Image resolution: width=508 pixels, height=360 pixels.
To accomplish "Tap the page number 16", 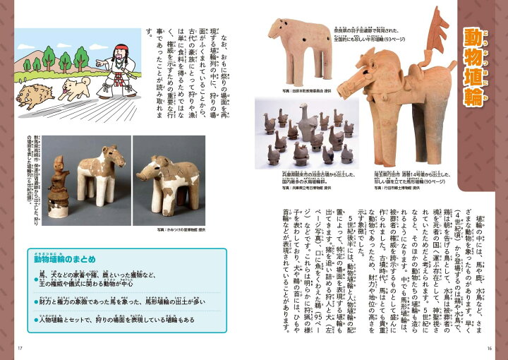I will (490, 346).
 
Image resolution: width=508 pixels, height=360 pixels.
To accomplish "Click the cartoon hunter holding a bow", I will (113, 67).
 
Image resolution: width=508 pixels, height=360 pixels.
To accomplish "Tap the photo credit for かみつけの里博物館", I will (179, 229).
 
